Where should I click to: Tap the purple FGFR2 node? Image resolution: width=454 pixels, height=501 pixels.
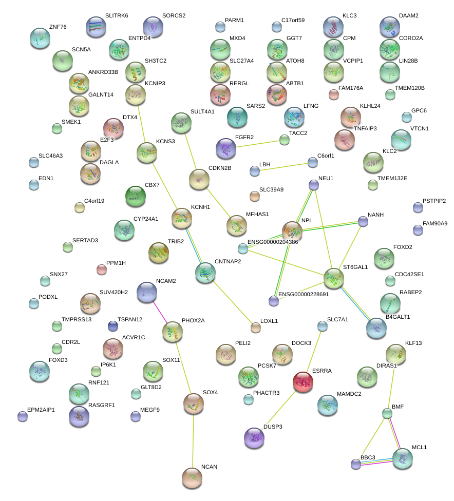point(226,148)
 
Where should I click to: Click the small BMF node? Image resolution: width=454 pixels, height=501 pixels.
point(387,413)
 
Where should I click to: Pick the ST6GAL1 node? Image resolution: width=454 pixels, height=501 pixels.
point(334,279)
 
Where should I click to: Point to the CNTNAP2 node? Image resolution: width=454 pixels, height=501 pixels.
point(205,273)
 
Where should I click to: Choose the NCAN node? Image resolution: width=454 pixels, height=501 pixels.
point(192,478)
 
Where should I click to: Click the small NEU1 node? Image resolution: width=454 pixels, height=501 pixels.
point(314,184)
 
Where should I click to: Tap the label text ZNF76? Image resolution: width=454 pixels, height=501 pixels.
point(58,27)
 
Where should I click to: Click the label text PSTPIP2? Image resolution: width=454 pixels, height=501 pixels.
point(434,201)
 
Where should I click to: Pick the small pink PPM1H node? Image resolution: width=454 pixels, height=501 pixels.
point(102,269)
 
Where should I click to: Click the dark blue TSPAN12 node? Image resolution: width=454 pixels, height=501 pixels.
point(113,326)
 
